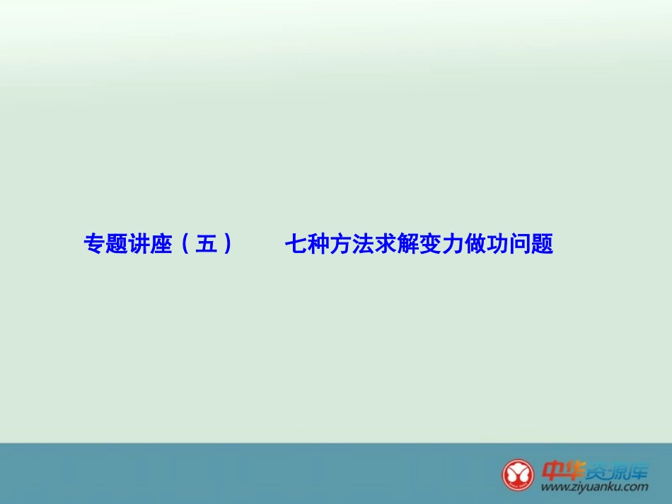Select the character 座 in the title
[x=161, y=244]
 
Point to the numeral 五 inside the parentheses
[x=206, y=244]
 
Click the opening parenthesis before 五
[x=185, y=244]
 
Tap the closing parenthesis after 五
[x=226, y=244]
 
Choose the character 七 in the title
[x=296, y=244]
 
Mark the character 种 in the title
[x=318, y=244]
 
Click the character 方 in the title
[x=340, y=244]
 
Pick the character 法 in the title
[x=363, y=244]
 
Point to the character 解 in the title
[x=407, y=244]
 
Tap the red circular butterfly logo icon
[x=519, y=474]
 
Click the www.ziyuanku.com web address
[x=594, y=487]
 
